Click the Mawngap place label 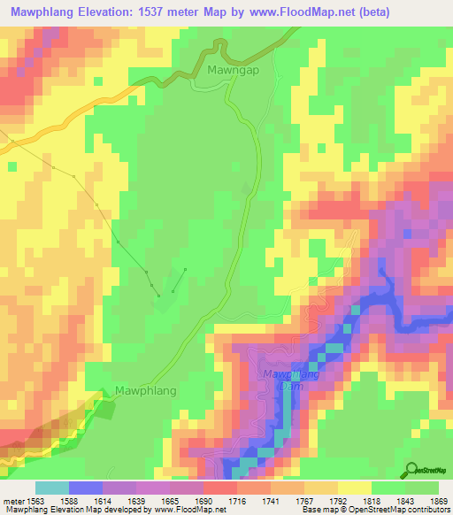point(232,68)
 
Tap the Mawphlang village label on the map point(146,390)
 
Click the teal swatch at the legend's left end point(52,488)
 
